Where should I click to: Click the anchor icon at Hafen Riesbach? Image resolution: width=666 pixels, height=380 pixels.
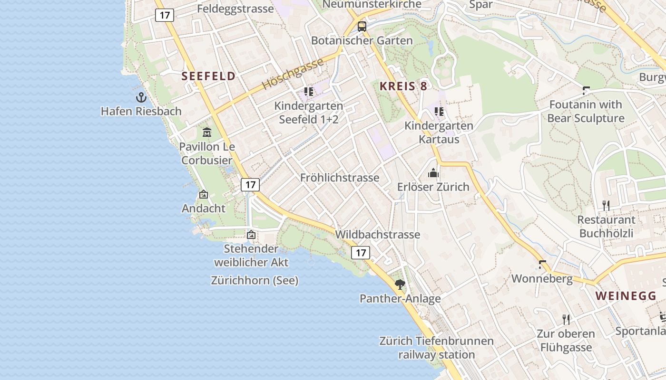tap(141, 97)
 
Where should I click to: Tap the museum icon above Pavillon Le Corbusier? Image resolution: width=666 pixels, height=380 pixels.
tap(207, 132)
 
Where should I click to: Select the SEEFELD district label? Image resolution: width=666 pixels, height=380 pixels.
tap(208, 76)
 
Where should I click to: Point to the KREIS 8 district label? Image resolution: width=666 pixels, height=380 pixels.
tap(403, 86)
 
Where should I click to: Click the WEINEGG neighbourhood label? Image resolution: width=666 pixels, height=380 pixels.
tap(626, 295)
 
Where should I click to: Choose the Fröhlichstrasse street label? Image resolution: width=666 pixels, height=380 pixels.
tap(340, 178)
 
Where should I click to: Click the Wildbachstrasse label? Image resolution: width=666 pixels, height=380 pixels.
tap(378, 234)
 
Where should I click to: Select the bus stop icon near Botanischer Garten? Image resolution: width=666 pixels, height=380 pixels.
tap(362, 26)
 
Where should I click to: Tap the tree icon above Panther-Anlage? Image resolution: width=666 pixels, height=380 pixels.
tap(400, 284)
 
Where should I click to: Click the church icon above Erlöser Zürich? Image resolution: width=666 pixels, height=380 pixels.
tap(433, 172)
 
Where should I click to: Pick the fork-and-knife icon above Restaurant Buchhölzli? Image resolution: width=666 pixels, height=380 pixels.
tap(606, 205)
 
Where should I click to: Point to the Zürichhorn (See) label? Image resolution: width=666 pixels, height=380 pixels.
tap(255, 280)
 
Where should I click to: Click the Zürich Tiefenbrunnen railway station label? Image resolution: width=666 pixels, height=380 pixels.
tap(436, 348)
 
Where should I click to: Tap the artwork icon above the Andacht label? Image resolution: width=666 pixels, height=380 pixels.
tap(204, 194)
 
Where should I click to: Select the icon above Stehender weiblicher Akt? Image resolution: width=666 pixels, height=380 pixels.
tap(251, 234)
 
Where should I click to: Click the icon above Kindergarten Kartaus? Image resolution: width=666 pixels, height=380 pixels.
tap(439, 112)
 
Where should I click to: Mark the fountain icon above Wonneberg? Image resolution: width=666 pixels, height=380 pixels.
tap(542, 265)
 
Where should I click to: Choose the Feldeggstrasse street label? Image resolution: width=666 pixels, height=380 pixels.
tap(235, 9)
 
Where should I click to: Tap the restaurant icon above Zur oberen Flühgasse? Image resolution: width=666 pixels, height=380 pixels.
tap(566, 319)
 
